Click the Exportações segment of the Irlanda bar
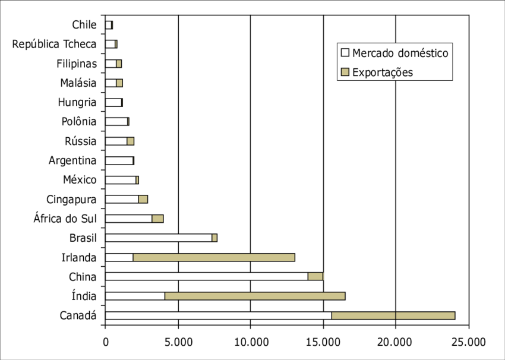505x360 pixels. point(214,257)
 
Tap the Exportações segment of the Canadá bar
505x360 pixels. point(393,315)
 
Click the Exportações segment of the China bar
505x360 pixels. point(315,276)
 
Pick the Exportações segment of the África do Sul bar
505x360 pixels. point(157,219)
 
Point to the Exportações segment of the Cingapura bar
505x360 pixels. point(143,199)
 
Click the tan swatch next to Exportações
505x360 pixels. point(345,72)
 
